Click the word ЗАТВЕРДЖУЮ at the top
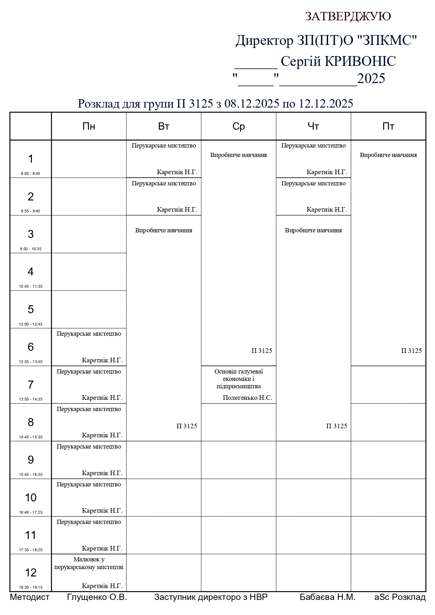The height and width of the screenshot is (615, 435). pos(348,16)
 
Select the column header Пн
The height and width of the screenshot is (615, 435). pos(89,127)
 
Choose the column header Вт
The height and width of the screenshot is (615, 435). pos(164,127)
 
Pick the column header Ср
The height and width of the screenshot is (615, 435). pos(238,127)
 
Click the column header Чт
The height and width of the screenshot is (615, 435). pos(313,127)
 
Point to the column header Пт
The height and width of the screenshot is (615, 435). pos(388,127)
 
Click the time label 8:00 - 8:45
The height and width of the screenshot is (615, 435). pos(30,173)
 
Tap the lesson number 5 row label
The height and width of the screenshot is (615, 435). pos(31,309)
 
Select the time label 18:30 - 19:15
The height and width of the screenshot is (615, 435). pos(30,587)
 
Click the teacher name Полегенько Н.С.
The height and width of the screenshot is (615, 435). pos(247,398)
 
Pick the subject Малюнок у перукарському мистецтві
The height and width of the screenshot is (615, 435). pos(89,563)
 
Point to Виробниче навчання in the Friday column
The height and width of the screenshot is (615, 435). pos(388,155)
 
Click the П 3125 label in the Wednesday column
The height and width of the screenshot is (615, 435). pos(261,351)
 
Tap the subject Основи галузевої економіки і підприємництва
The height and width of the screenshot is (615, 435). pos(238,379)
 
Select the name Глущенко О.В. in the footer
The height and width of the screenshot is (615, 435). pos(97,597)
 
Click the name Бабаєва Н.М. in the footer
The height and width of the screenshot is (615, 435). pos(327,597)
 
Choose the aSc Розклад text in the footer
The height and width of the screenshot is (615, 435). pos(400,597)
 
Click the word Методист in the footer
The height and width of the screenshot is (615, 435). pos(30,597)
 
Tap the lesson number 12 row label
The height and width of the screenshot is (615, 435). pos(31,573)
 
